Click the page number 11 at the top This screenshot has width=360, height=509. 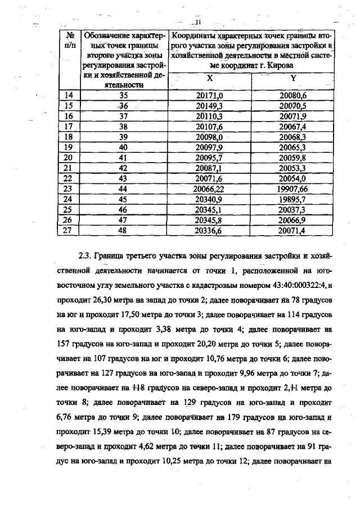coord(197,22)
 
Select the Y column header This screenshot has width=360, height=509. coord(292,78)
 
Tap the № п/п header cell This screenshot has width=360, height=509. coord(70,39)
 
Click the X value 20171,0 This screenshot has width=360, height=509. coord(209,96)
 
